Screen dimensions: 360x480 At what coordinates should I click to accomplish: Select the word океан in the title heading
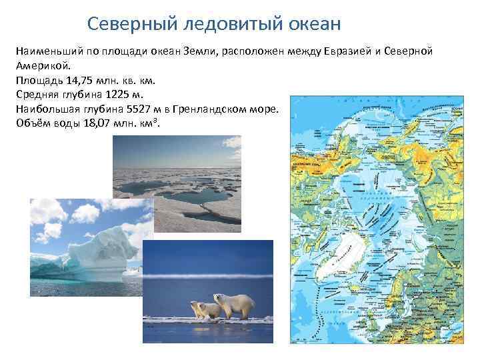coord(313,24)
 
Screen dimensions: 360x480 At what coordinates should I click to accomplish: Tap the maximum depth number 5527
coord(140,109)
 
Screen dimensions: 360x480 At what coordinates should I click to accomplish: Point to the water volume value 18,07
coord(91,124)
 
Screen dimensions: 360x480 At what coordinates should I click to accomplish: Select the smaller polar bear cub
coord(202,310)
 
